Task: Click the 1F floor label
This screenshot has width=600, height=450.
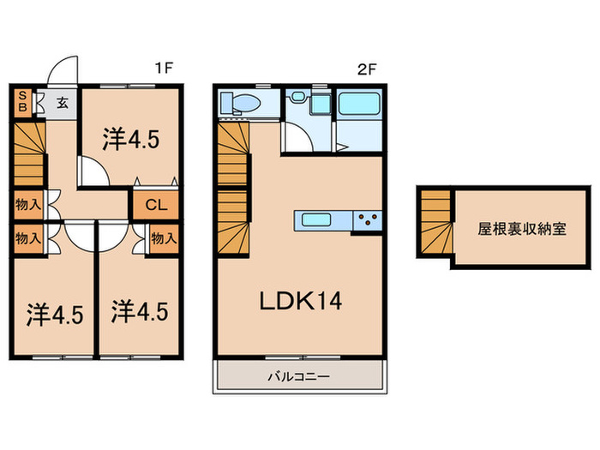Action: coord(164,68)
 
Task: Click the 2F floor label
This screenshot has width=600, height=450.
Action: coord(367,69)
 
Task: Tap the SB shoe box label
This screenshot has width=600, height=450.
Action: coord(22,101)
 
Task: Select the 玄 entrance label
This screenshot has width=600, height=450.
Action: coord(63,102)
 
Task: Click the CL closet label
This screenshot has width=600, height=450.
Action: coord(156,205)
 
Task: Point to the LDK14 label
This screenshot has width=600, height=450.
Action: coord(301,301)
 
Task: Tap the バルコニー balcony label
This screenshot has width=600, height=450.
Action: coord(298,376)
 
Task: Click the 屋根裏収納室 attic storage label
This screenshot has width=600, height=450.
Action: coord(521,229)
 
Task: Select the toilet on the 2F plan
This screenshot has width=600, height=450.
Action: coord(240,104)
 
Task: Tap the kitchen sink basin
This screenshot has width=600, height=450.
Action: coord(316,219)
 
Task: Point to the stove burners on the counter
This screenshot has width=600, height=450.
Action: coord(368,220)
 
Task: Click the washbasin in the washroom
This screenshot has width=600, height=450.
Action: coord(297,96)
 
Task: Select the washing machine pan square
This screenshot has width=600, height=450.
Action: coord(320,103)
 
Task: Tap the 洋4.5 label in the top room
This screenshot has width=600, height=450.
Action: coord(131,139)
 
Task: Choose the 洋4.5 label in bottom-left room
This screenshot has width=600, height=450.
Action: coord(55,315)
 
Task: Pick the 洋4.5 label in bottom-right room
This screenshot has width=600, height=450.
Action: coord(140,310)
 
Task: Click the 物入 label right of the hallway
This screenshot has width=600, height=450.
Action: coord(164,238)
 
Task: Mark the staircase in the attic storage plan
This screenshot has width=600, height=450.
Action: coord(435,222)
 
